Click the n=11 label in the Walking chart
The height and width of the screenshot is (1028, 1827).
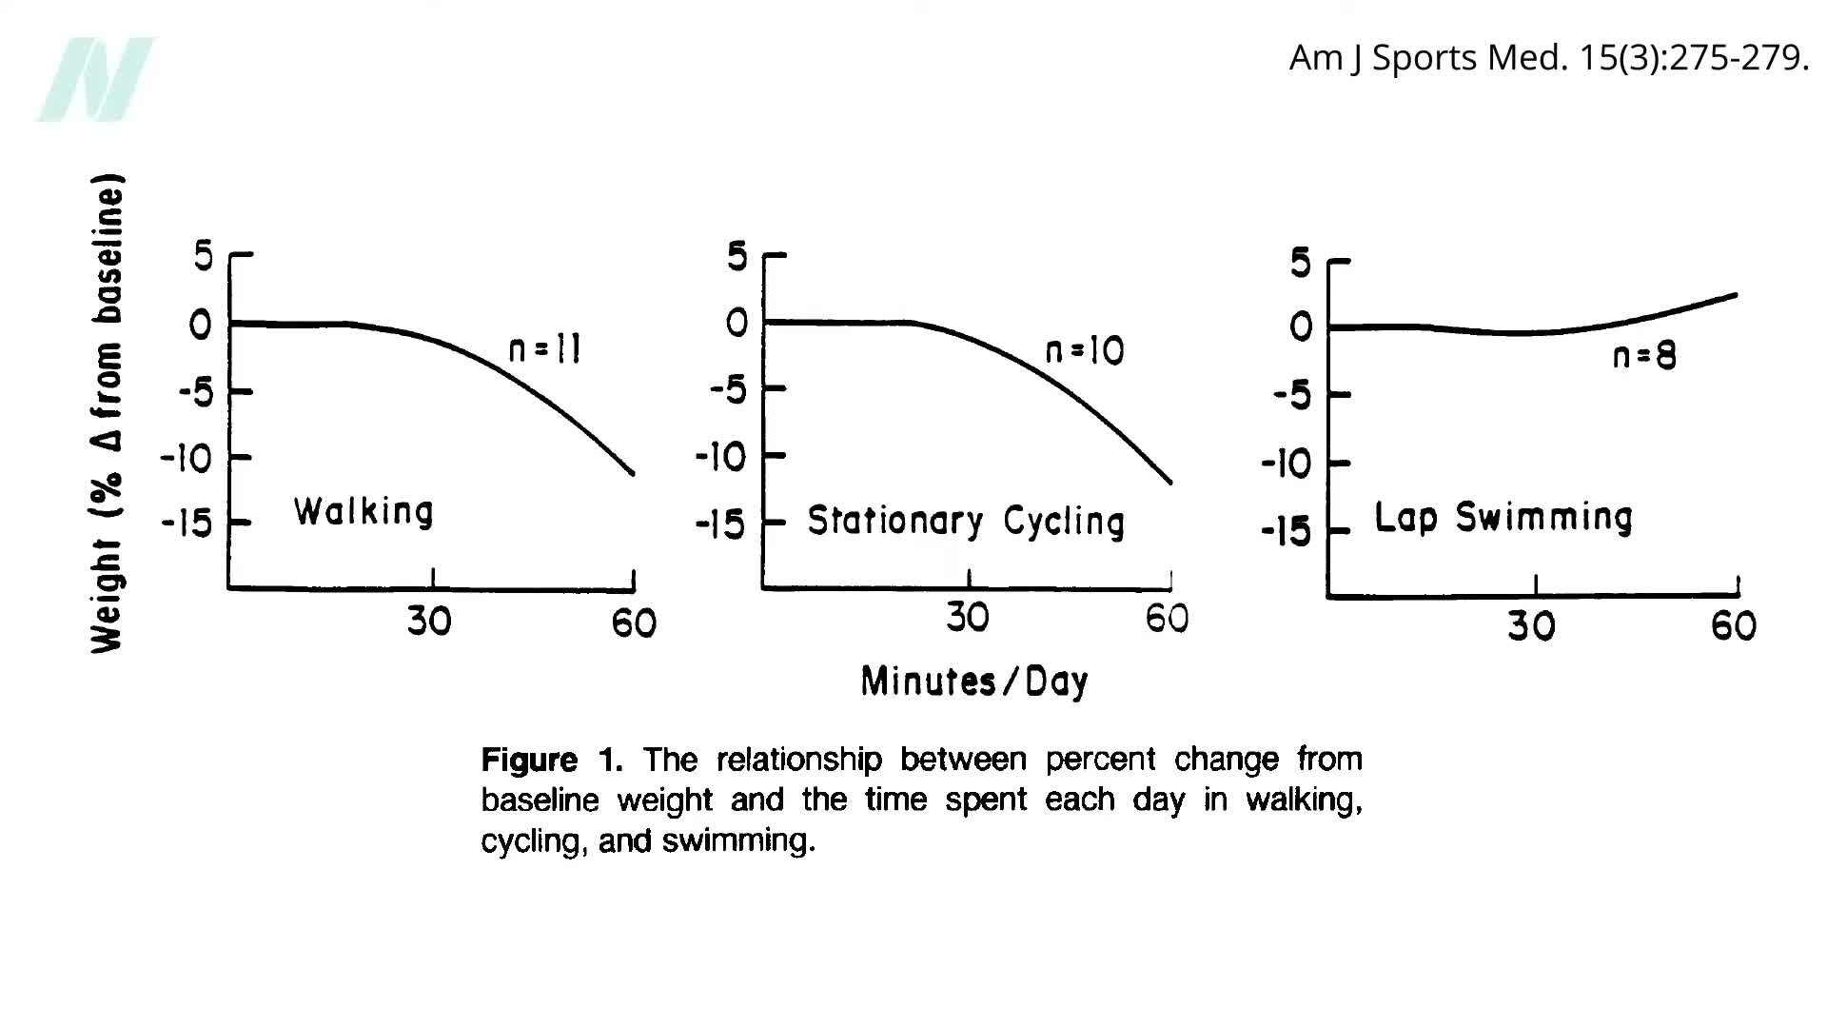point(545,350)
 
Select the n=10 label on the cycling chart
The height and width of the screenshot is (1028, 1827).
point(1085,351)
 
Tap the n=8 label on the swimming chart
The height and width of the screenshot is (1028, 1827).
point(1644,356)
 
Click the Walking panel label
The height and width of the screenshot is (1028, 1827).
point(363,512)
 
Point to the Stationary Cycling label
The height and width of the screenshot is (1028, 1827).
point(966,522)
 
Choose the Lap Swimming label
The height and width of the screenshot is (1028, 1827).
point(1503,518)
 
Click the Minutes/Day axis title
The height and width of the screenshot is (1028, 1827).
point(974,682)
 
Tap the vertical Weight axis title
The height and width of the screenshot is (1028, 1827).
point(108,413)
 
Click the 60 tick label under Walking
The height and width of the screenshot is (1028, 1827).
point(634,623)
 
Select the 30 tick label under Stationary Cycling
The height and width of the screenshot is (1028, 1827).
point(968,619)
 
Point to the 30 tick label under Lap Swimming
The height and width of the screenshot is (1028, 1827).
point(1531,626)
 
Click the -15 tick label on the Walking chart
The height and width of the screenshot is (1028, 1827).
point(187,523)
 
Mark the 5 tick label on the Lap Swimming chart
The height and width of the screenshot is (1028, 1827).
point(1300,263)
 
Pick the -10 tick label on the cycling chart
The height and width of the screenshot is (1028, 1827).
point(721,458)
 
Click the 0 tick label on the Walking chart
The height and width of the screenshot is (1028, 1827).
point(200,326)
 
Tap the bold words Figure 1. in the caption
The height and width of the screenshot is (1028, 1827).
point(552,760)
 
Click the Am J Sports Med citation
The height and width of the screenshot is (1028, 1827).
point(1548,58)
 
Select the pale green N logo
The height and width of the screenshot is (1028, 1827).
point(95,79)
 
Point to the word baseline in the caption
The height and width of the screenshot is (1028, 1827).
point(540,801)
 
